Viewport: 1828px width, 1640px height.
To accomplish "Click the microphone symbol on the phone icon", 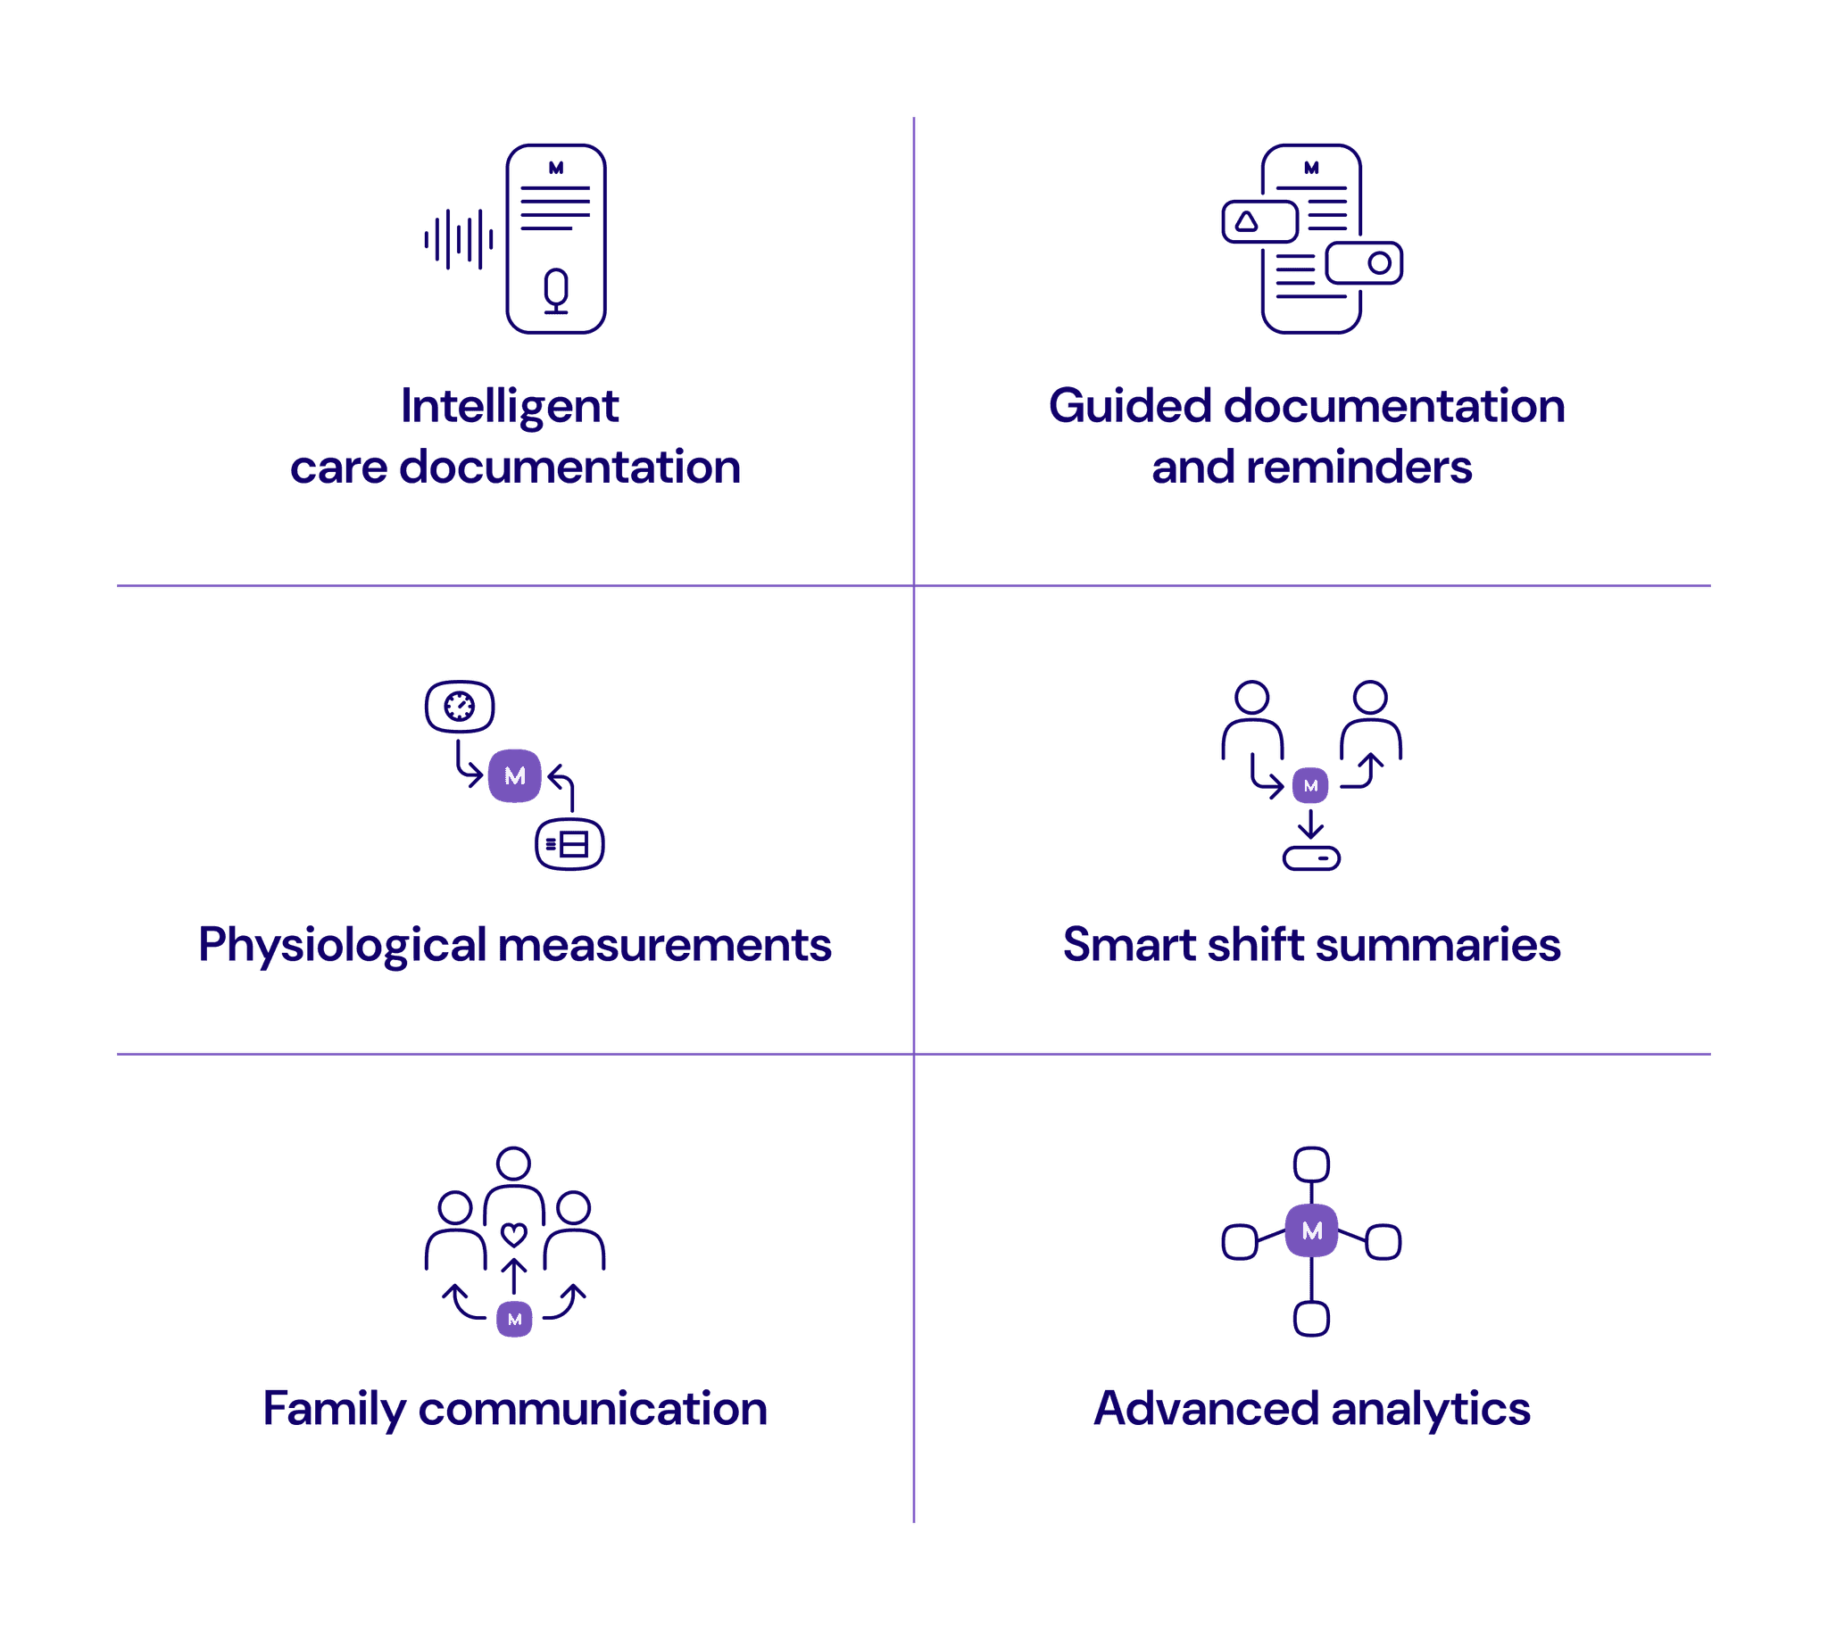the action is coord(556,291).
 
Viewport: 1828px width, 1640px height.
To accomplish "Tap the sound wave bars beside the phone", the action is coord(459,240).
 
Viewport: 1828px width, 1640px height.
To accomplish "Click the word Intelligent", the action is coord(511,407).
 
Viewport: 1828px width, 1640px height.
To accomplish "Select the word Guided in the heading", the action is coord(1130,405).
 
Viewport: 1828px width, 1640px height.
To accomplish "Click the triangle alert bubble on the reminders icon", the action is coord(1260,221).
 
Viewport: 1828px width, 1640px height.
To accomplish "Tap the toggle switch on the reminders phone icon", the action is coord(1364,263).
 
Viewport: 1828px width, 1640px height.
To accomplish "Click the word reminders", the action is coord(1360,467).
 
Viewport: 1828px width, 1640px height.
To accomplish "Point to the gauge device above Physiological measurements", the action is coord(460,707).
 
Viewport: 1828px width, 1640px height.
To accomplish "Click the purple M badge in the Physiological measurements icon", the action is coord(515,776).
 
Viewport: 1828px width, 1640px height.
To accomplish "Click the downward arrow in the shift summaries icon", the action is coord(1310,824).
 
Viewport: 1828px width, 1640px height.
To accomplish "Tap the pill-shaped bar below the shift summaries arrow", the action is coord(1311,857).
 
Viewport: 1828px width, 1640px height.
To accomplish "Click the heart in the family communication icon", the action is coord(514,1235).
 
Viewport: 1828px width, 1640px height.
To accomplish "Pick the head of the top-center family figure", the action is coord(514,1164).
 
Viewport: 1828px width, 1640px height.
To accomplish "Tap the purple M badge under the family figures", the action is coord(515,1319).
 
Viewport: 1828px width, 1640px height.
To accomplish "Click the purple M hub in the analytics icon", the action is coord(1311,1230).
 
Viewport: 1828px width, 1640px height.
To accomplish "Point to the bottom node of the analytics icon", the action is coord(1311,1318).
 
